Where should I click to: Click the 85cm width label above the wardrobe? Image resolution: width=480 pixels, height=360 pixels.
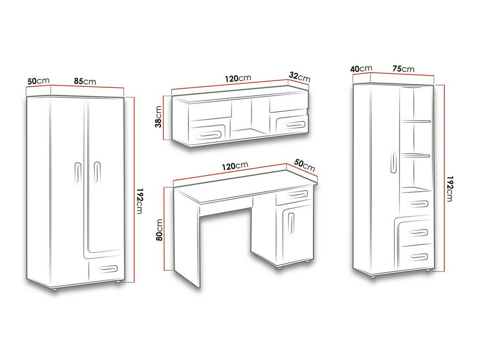85,81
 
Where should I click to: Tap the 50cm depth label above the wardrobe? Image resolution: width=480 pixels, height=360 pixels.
38,81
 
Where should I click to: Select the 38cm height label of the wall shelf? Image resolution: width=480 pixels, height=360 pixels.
158,117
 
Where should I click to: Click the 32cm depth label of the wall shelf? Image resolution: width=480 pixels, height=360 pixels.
299,77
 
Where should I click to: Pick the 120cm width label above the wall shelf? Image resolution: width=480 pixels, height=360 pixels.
238,78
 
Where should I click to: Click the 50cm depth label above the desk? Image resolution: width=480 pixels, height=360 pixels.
304,166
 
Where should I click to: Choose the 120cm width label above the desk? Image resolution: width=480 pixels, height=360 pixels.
235,166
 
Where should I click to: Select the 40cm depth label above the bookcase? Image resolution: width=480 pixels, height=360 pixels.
361,69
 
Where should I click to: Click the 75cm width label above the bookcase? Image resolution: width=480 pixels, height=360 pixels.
403,69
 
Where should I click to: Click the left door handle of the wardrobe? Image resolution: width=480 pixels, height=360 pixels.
78,174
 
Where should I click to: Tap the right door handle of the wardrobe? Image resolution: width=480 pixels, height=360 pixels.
97,173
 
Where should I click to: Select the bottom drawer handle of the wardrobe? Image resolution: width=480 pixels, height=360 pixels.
107,269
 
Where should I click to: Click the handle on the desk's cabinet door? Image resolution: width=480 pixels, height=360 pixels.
291,224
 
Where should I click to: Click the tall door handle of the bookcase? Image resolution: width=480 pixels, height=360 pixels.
394,162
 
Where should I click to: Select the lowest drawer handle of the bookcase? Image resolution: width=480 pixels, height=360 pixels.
418,257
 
